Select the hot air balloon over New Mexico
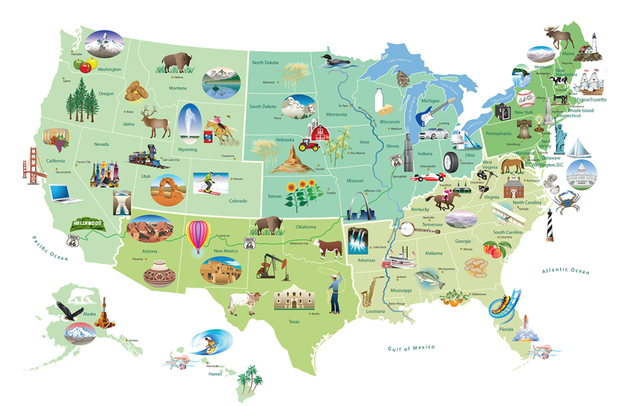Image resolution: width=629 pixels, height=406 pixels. tap(198, 236)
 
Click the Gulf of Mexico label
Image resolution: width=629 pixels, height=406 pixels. tap(411, 348)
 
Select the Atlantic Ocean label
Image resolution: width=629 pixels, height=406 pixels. tap(565, 271)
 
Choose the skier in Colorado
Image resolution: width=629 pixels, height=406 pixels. tap(208, 183)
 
